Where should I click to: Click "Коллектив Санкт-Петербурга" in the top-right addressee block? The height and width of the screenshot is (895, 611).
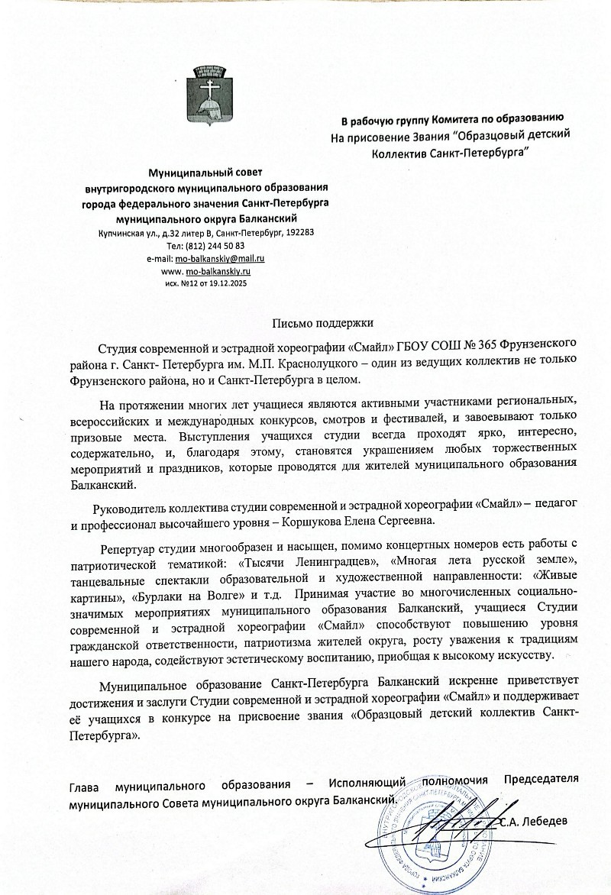[x=451, y=152]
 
